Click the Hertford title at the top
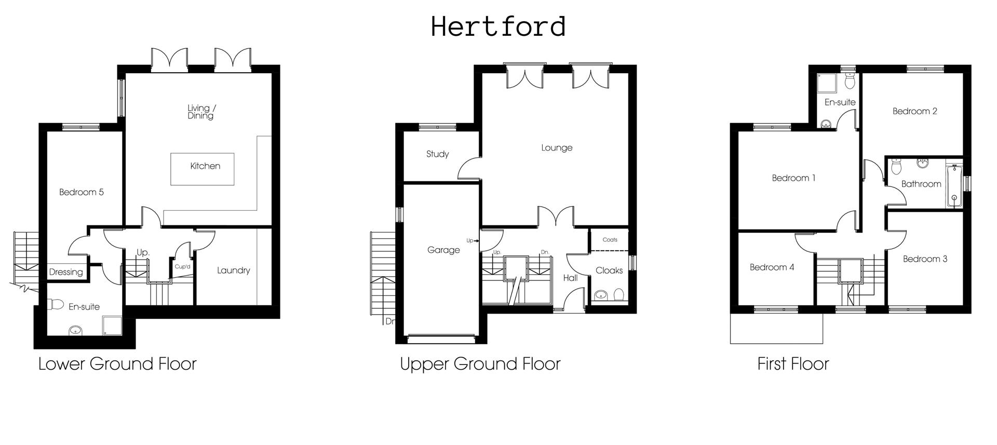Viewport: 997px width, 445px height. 498,26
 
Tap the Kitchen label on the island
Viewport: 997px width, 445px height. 205,166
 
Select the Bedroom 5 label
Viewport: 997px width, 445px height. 81,192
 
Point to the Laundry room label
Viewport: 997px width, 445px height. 233,271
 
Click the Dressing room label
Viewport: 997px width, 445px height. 66,272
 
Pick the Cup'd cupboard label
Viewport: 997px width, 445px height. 183,267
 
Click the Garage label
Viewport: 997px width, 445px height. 443,250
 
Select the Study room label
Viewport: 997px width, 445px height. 437,154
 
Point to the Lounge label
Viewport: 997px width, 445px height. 557,148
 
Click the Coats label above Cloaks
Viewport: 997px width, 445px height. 610,240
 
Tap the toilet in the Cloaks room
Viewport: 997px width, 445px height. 618,295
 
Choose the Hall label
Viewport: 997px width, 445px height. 570,278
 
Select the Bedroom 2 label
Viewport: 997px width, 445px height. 914,111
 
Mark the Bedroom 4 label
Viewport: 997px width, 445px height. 772,267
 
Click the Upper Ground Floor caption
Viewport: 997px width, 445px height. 480,364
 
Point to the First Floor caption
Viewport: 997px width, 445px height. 793,364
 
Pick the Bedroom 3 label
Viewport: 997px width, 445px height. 925,259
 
